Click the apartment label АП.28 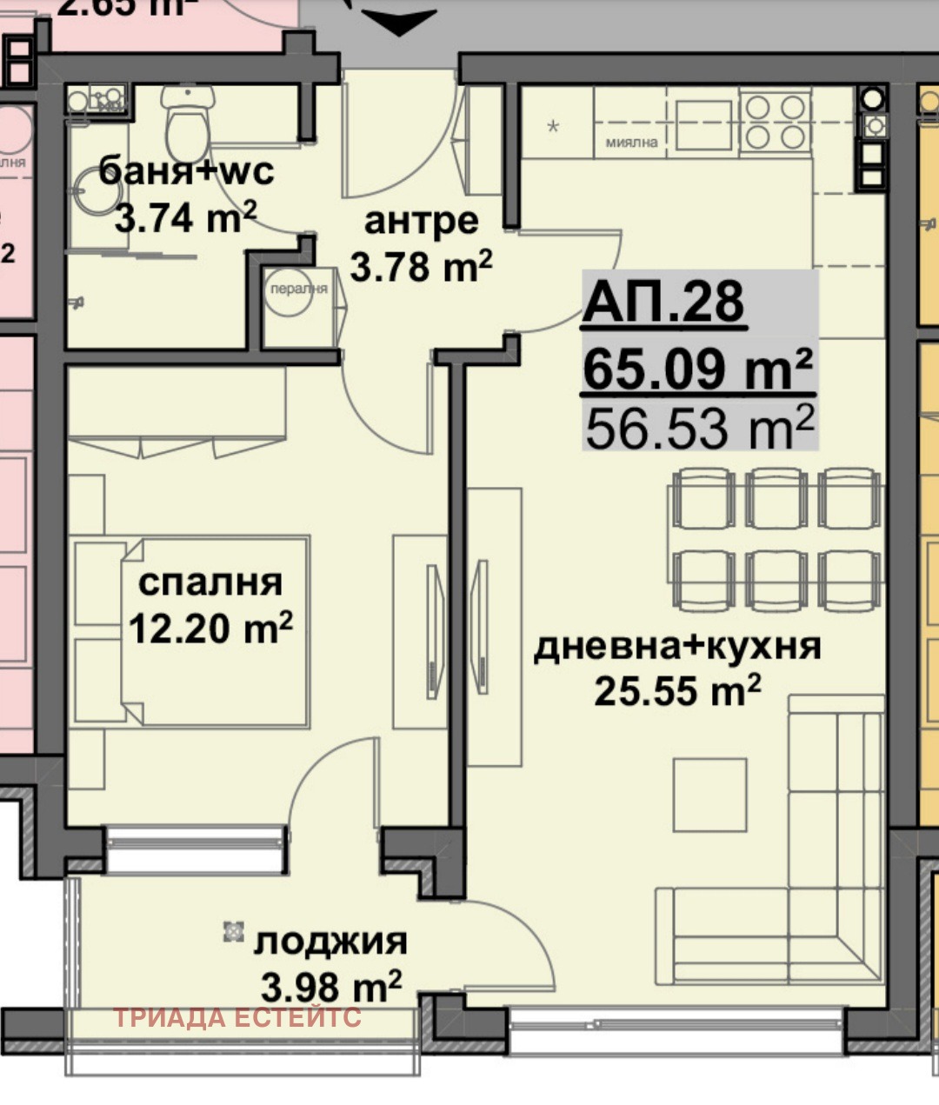point(664,303)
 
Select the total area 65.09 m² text point(698,368)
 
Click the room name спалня point(210,582)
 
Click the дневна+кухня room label point(676,646)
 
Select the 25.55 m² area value point(677,690)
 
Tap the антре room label point(421,221)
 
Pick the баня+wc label point(186,170)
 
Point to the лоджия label point(330,942)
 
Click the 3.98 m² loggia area point(330,987)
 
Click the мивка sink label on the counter point(632,142)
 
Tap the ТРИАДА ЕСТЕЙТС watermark point(237,1017)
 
